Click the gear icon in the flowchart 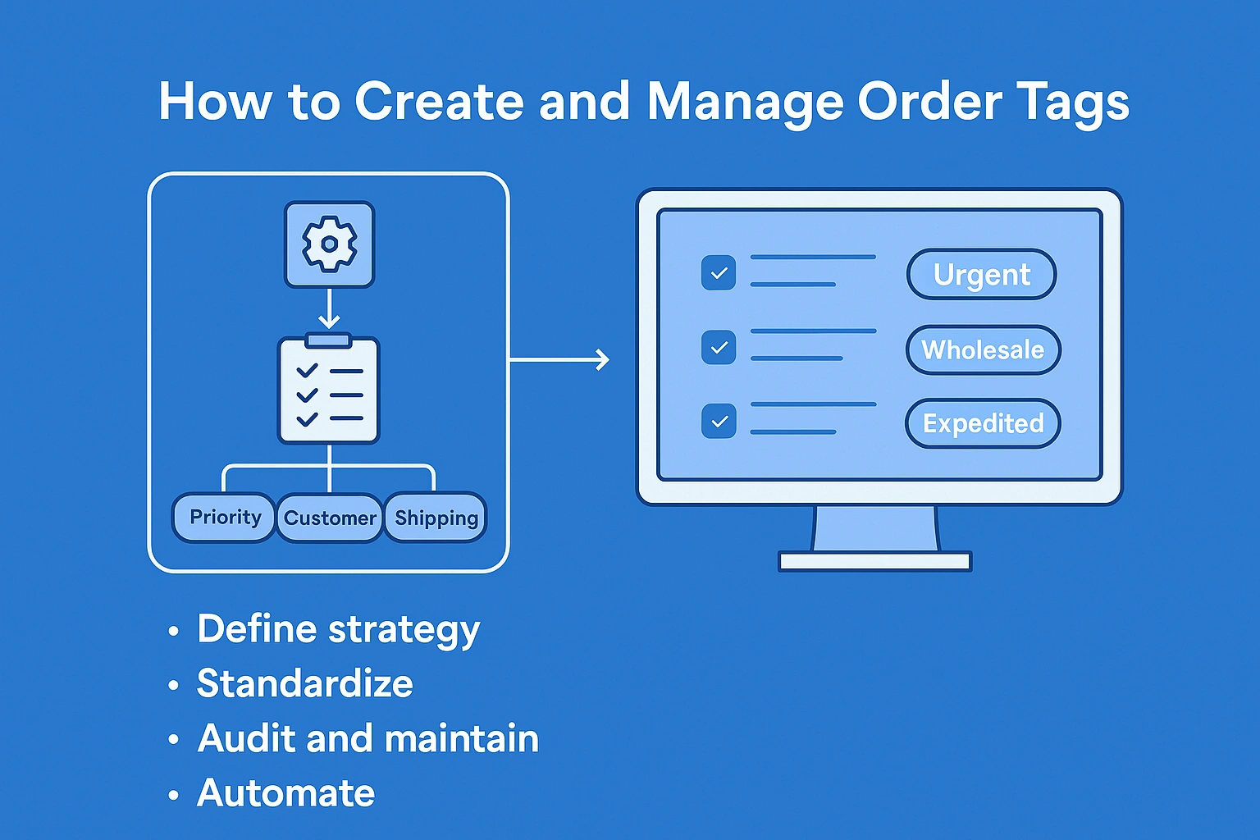(x=330, y=244)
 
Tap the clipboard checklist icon (x=329, y=388)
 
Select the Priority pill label (x=224, y=518)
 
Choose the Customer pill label (x=330, y=518)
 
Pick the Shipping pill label (x=436, y=518)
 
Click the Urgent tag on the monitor (x=982, y=275)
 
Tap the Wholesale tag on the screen (x=984, y=350)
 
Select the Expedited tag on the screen (x=984, y=423)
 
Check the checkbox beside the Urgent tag (x=719, y=273)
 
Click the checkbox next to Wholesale (x=719, y=347)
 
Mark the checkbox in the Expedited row (x=719, y=421)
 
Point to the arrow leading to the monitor (x=559, y=359)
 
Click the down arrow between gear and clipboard (x=329, y=309)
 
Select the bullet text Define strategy (x=339, y=630)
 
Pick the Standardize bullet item (x=305, y=683)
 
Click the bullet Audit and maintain (x=367, y=738)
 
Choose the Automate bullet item (x=285, y=793)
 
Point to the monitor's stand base (x=875, y=561)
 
